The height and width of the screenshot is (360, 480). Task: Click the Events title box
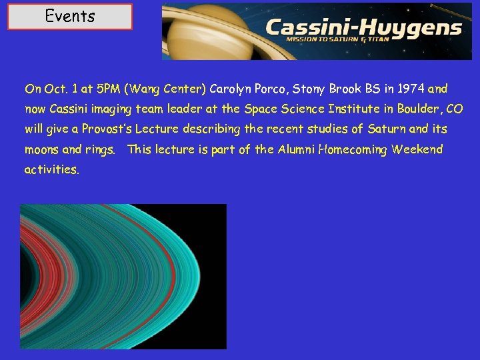tap(70, 17)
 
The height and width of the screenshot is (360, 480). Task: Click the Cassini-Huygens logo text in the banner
tap(363, 27)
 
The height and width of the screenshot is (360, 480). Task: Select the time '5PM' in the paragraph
tap(105, 89)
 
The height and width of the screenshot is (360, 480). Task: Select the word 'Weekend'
tap(417, 149)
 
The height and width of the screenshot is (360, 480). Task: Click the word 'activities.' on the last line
tap(52, 169)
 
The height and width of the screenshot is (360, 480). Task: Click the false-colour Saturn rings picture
tap(123, 276)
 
